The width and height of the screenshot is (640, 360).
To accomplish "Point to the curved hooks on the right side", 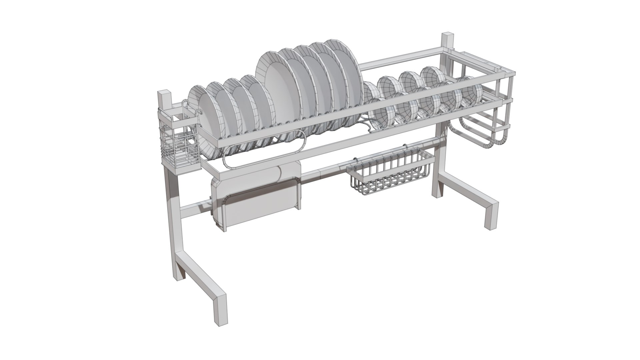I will pyautogui.click(x=480, y=133).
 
